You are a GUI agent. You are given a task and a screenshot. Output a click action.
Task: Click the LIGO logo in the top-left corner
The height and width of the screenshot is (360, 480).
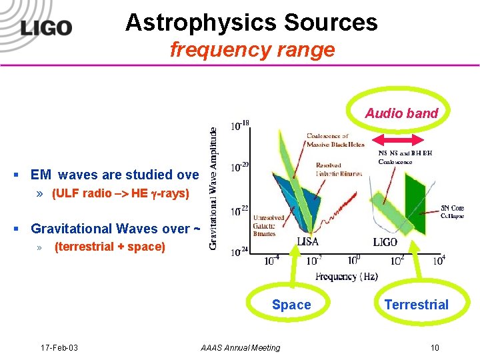point(45,27)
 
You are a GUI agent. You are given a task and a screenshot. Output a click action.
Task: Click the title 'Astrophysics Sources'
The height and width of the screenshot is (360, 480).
point(251,23)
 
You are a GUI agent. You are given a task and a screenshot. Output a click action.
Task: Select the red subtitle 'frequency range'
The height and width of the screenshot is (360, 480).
point(252,49)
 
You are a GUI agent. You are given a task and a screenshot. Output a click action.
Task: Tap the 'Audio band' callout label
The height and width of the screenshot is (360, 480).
point(401,113)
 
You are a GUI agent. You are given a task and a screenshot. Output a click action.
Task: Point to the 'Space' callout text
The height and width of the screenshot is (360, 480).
point(291,305)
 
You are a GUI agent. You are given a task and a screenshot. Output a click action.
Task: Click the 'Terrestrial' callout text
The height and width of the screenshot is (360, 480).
point(416,305)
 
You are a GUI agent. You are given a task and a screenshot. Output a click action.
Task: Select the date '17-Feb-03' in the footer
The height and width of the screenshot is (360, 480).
point(59,347)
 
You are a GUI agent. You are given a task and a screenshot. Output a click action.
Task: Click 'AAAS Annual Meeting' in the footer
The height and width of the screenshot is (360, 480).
point(240,347)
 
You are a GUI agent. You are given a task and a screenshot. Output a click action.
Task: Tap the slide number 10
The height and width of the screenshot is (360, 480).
point(434,347)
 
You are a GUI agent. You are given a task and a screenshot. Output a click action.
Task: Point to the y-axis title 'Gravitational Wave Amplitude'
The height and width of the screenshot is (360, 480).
point(213,189)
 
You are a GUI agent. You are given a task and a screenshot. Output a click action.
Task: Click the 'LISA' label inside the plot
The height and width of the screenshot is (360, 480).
point(309,242)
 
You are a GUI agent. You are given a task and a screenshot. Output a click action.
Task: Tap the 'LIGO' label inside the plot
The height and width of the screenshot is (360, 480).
point(385,242)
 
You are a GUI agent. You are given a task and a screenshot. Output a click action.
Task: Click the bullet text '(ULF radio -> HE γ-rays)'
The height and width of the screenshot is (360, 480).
point(121,194)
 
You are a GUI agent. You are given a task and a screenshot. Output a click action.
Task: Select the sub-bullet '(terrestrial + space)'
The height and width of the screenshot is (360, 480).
point(109,247)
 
